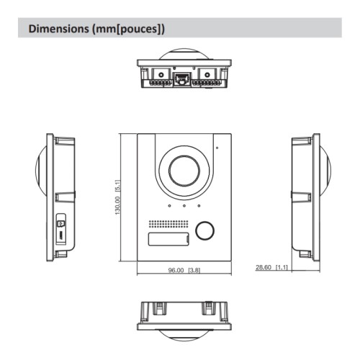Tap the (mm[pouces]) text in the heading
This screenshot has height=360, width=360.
point(130,30)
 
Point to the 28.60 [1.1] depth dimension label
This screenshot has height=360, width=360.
point(272,267)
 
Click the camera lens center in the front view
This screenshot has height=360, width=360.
point(184,171)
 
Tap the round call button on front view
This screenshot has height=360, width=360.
point(205,230)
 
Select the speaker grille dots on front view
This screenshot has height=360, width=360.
point(168,222)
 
